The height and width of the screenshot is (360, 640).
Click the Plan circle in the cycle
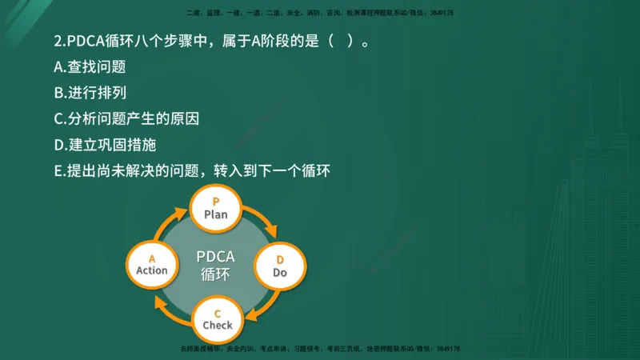tap(216, 208)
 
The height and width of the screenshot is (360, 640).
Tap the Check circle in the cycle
tap(217, 318)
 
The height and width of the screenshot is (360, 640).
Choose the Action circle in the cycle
tap(152, 264)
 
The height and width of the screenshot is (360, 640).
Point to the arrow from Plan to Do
tap(262, 220)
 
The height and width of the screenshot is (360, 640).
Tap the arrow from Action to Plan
tap(170, 222)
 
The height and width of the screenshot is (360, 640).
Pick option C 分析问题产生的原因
tap(126, 118)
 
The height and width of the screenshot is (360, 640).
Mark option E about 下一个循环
tap(192, 170)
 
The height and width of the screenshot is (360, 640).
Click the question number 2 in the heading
tap(58, 42)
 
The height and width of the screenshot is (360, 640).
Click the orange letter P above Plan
tap(216, 201)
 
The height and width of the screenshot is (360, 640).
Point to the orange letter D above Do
tap(280, 259)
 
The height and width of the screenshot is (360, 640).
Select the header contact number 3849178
tap(442, 14)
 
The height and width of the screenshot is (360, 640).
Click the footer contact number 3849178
tap(447, 349)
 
